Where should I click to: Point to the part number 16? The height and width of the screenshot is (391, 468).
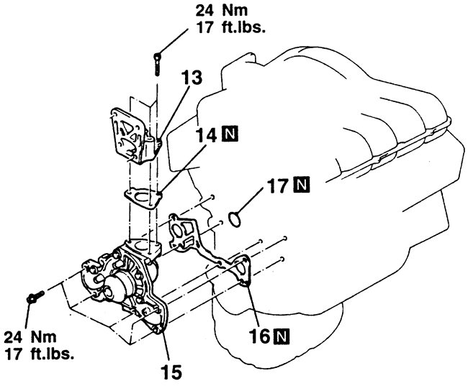[x=260, y=337]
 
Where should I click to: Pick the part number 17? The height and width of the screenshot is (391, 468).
[x=279, y=185]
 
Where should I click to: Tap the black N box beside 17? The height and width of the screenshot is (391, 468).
[x=302, y=185]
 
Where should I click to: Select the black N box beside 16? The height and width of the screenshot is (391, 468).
[x=282, y=337]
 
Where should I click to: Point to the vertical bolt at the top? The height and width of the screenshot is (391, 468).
[x=157, y=64]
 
